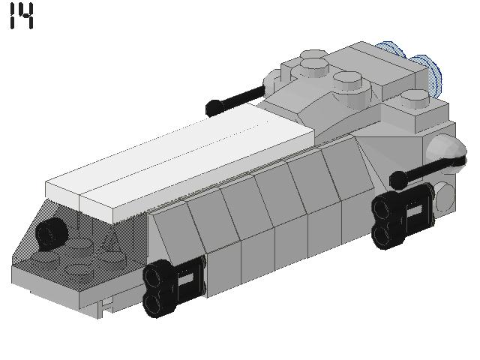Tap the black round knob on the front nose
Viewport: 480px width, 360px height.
51,233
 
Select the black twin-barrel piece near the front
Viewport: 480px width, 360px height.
172,286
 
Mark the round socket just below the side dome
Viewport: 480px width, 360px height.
444,194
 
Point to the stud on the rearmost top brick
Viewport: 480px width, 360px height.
412,95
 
